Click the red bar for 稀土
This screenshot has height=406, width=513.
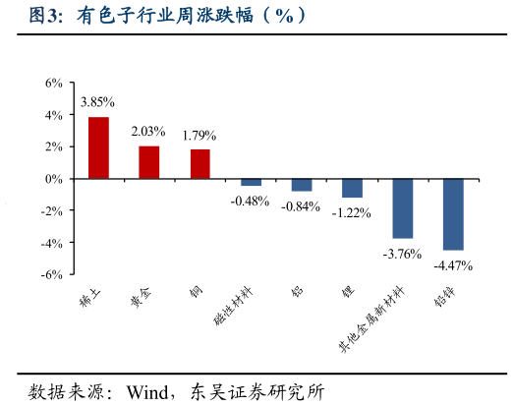pos(98,147)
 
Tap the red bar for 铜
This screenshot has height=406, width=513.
pos(199,164)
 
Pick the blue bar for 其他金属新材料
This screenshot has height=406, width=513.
pos(402,208)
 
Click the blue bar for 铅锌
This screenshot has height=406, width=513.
pos(453,214)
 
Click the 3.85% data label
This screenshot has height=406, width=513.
pos(97,101)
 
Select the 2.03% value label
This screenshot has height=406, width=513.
pos(148,131)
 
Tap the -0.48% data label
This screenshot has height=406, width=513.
pos(250,201)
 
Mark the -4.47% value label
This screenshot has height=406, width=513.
pos(453,265)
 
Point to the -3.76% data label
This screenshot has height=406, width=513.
pos(402,254)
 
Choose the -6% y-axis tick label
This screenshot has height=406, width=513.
pos(52,274)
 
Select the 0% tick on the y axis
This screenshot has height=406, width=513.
pos(54,179)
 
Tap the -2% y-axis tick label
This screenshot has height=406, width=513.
pos(52,210)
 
